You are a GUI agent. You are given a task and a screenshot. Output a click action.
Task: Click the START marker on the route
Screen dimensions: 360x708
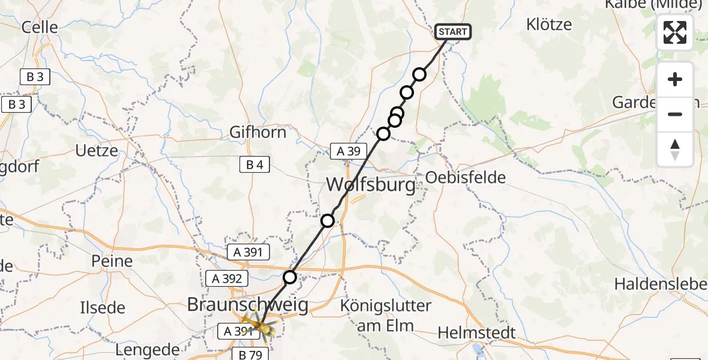[453, 32]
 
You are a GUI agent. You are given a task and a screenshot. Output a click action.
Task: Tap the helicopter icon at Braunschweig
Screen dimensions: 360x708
[260, 327]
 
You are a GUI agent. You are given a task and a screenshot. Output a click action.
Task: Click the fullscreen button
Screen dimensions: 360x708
[675, 32]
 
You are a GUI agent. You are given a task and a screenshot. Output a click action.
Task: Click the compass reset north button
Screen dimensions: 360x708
[675, 149]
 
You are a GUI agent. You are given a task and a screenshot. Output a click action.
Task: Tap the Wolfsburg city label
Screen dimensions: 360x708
[370, 184]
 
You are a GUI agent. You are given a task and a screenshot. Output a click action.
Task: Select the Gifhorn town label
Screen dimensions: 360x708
[258, 132]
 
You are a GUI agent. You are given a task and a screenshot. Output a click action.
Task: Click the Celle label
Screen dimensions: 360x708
[40, 27]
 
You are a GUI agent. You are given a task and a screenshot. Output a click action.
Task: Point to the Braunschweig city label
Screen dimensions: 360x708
[248, 305]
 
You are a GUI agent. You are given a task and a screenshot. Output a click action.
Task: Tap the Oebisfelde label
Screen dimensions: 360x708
[466, 177]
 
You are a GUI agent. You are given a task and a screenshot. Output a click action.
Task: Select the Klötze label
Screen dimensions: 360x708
[549, 25]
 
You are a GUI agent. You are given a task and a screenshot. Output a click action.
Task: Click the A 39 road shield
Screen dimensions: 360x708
[348, 152]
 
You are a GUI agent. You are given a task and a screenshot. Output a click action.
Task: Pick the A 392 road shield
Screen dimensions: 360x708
[226, 278]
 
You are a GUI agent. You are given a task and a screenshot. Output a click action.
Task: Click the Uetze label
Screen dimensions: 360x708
[97, 151]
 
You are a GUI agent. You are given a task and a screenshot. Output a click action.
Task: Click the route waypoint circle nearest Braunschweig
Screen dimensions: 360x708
[290, 277]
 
